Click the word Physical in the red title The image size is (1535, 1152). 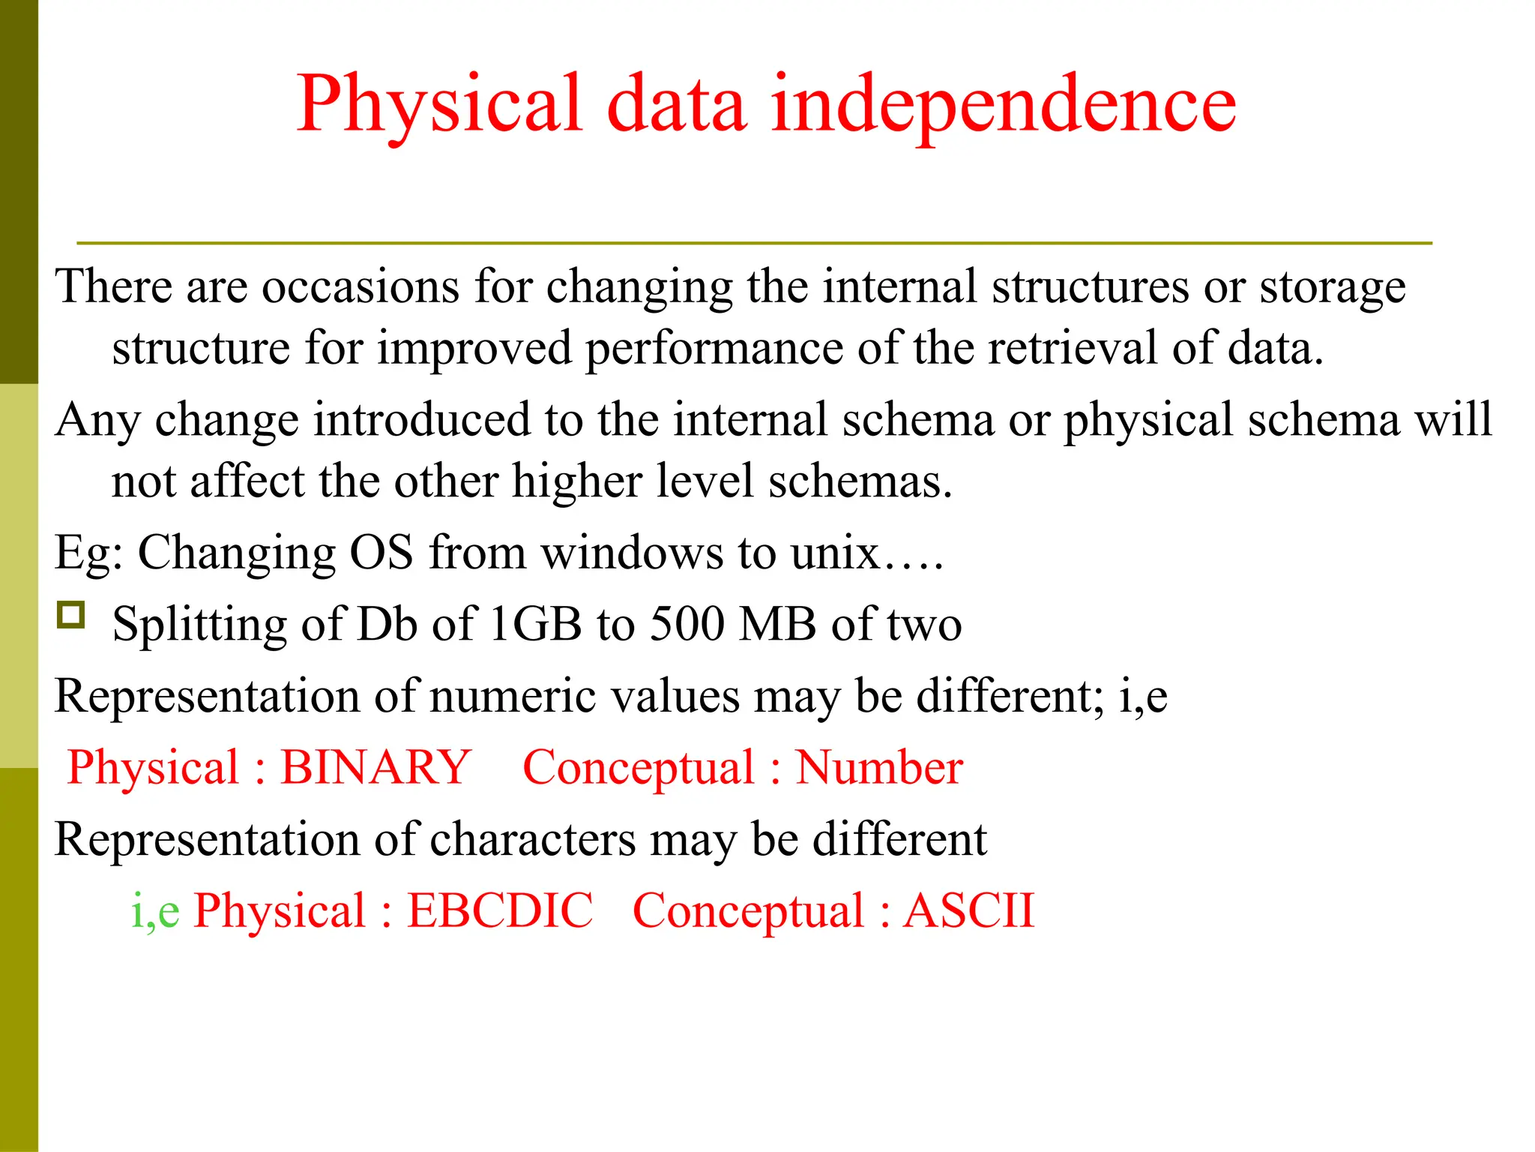tap(439, 105)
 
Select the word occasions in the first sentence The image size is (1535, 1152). tap(360, 286)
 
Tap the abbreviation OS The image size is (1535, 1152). tap(382, 553)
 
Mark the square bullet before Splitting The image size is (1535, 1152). tap(71, 615)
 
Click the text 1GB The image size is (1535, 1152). tap(535, 624)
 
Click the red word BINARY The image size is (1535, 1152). tap(376, 768)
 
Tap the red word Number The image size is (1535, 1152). tap(878, 768)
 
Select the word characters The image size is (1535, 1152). tap(532, 839)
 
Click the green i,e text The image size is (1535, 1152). tap(155, 911)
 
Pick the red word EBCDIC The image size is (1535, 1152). tap(499, 911)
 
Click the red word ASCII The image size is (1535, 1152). tap(968, 911)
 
